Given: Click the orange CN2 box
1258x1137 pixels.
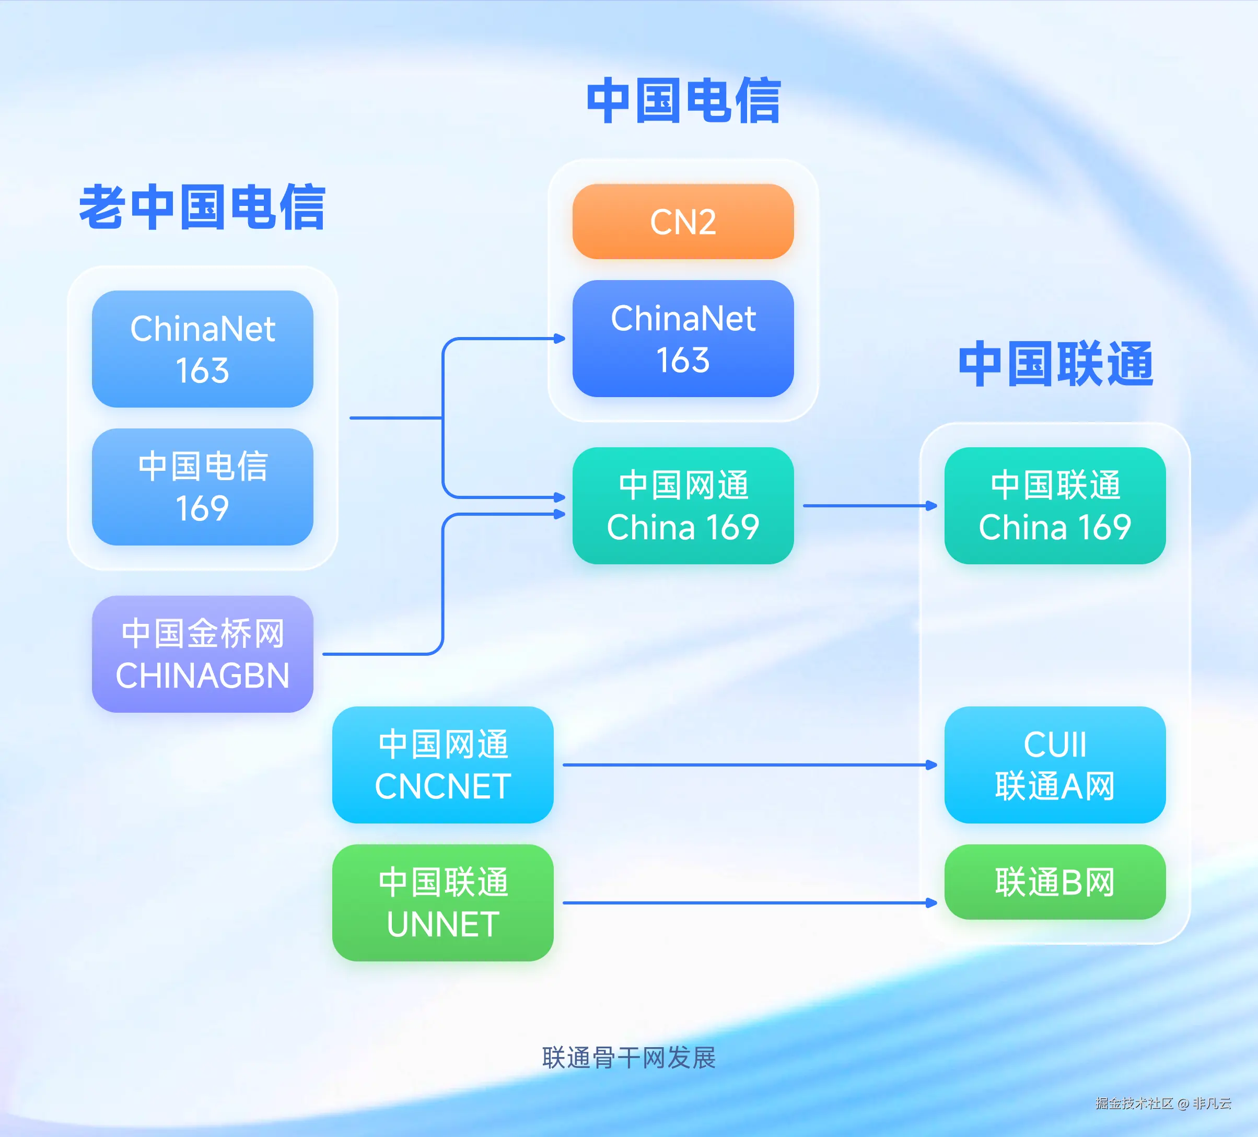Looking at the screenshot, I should pos(683,222).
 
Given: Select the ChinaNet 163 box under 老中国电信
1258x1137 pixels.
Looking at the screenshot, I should pos(202,349).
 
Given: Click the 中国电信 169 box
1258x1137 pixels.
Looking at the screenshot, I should pos(202,487).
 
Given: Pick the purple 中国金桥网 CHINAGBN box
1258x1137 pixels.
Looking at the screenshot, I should pos(202,654).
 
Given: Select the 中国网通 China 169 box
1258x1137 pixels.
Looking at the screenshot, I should pos(683,505).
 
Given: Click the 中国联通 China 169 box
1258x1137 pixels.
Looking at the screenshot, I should pos(1055,505).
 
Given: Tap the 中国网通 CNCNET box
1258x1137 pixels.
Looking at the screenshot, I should pos(442,764).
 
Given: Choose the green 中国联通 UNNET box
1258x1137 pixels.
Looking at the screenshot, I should pos(442,902).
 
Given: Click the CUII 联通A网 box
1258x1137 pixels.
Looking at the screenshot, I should pos(1055,764).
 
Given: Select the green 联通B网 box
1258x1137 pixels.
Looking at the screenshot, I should pos(1055,882).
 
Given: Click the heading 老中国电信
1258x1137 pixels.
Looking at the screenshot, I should pos(202,207).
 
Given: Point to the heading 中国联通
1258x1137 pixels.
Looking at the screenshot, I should pos(1056,364).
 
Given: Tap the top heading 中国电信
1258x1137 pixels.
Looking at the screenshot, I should pos(683,100).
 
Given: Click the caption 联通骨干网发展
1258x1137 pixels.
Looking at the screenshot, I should pos(628,1058).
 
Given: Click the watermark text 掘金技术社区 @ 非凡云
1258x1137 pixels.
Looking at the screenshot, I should pos(1162,1104).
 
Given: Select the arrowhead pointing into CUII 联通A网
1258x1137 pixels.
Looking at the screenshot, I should pos(931,764).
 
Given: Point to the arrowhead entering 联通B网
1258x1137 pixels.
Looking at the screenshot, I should pos(931,902).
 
